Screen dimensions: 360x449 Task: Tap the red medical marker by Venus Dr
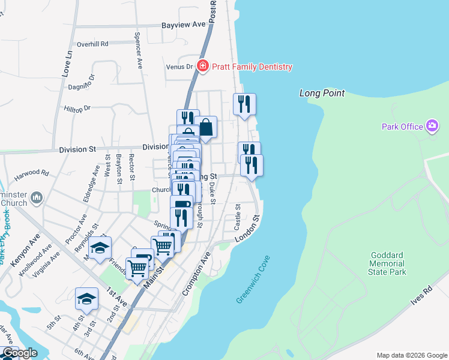pos(202,65)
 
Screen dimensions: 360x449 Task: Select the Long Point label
pos(322,93)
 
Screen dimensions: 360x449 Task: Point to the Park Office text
pos(402,126)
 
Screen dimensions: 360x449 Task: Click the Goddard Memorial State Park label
pos(387,263)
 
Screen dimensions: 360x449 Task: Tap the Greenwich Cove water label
pos(253,279)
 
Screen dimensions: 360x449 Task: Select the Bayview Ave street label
pos(184,25)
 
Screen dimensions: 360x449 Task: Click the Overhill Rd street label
pos(92,44)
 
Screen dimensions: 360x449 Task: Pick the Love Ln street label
pos(67,63)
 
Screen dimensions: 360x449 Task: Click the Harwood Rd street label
pos(31,172)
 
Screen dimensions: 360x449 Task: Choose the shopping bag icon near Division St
pos(205,127)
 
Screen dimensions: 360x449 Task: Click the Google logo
pos(20,353)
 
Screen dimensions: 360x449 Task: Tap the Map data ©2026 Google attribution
pos(412,355)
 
